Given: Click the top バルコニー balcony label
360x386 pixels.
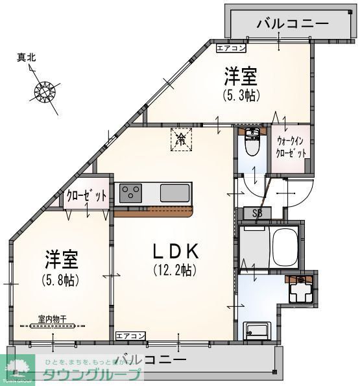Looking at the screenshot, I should pos(292,25).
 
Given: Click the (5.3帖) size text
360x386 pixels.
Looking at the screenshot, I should pos(241,95).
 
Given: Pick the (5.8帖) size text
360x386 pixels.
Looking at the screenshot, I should pos(62,280).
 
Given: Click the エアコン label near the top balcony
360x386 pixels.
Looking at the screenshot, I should pos(231,47).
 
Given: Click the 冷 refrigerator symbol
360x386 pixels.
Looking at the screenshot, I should pos(182,139).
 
